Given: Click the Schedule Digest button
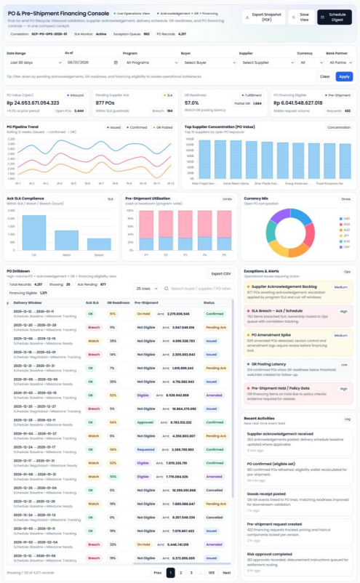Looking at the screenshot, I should coord(335,17).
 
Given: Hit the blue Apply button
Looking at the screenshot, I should coord(344,76).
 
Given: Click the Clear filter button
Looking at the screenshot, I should coord(325,76).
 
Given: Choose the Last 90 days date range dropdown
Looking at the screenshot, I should coord(32,63).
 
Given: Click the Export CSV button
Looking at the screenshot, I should coord(220,273).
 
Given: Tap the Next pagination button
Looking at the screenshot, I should coord(227,573).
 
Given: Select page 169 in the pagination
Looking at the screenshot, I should coord(211,573).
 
